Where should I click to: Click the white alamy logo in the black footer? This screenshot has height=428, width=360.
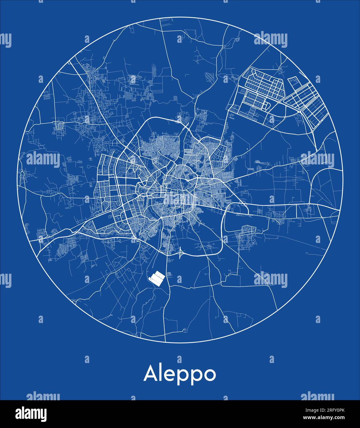pos(31,414)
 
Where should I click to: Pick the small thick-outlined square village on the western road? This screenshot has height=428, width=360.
pos(58,126)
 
